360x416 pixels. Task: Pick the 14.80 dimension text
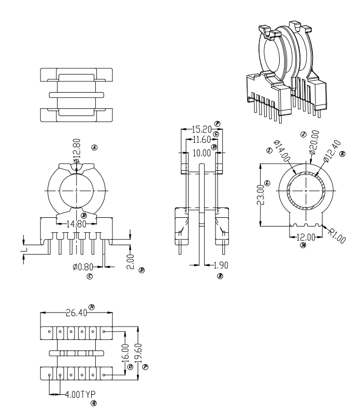[76, 224]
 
